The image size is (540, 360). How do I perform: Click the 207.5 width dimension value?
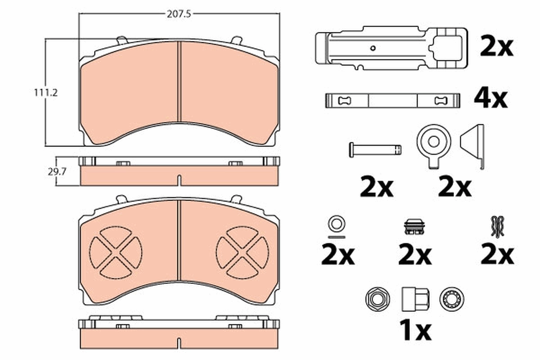(179, 14)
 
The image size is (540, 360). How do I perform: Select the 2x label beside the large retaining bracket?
(496, 47)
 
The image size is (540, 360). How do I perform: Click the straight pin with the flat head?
(375, 149)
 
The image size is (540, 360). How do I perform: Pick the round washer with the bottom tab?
(433, 143)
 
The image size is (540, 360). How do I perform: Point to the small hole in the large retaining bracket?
(372, 48)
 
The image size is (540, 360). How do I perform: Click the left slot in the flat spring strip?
(345, 100)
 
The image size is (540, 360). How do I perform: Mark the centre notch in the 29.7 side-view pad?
(179, 180)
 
